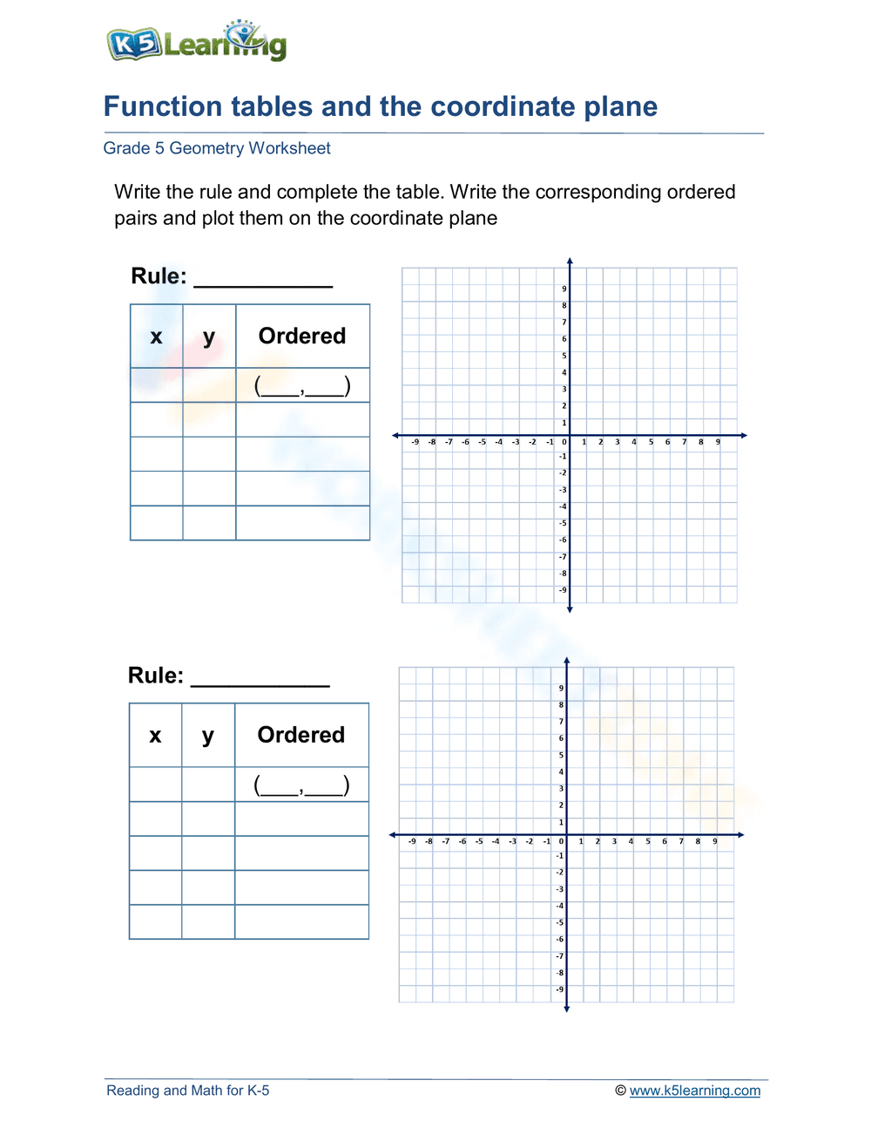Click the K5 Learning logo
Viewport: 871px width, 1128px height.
197,42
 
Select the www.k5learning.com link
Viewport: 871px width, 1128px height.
694,1091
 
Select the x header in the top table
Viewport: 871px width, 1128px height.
156,336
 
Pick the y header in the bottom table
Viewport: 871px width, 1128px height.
207,736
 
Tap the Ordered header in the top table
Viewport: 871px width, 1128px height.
302,336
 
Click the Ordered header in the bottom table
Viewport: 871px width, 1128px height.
301,736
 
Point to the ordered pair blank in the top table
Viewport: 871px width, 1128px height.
302,385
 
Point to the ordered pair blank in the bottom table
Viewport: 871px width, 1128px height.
301,785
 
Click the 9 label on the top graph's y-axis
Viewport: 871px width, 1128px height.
564,289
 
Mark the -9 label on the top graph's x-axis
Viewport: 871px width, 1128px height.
415,442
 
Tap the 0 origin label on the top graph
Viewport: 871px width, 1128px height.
564,442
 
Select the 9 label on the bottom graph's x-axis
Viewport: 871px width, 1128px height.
715,841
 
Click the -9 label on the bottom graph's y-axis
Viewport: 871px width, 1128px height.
560,989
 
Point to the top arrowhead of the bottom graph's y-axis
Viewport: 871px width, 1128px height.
566,662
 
